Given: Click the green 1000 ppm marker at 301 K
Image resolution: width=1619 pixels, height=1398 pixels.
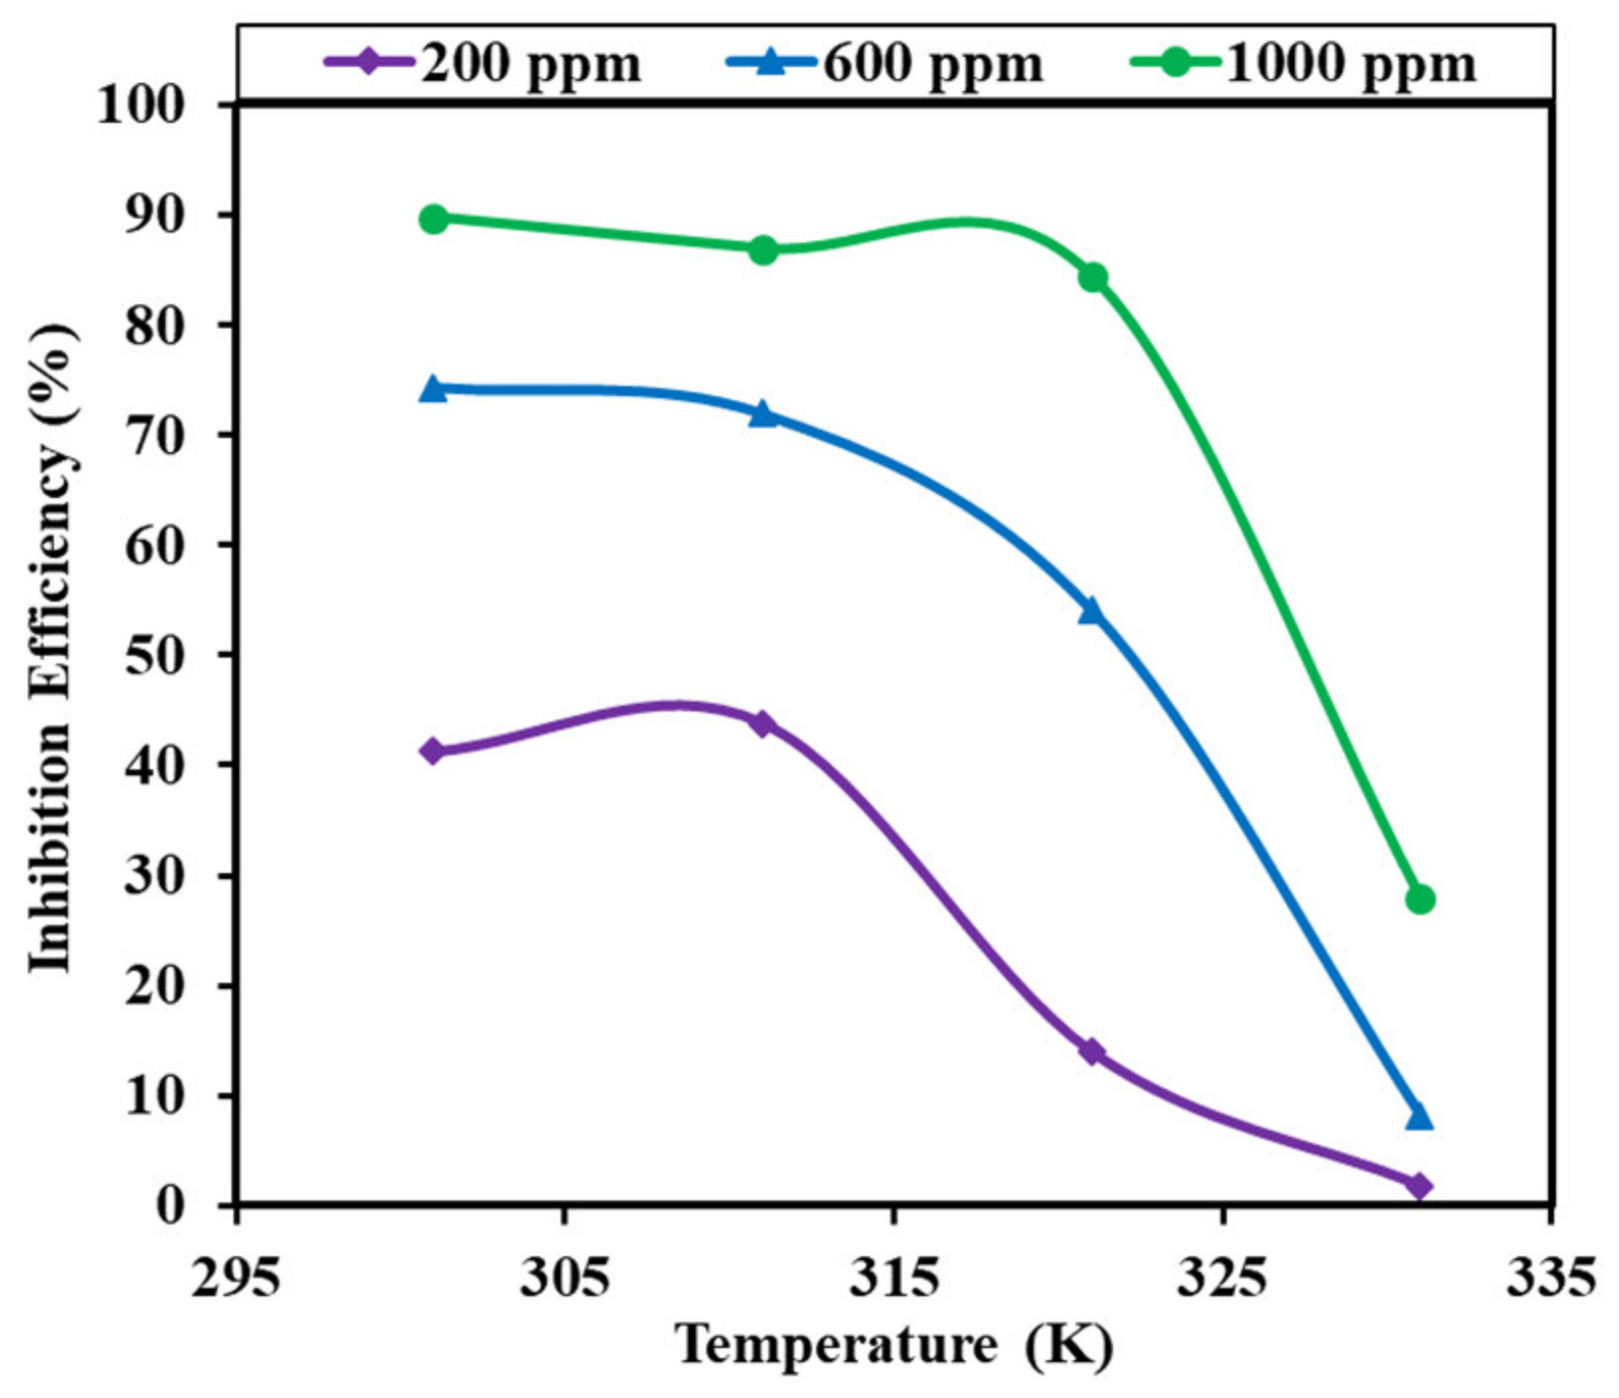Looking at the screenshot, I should (x=434, y=219).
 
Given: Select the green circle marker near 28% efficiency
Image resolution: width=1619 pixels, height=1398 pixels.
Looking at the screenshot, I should (x=1419, y=899).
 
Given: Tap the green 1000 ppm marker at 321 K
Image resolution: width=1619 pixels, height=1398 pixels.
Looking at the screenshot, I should (x=1092, y=276).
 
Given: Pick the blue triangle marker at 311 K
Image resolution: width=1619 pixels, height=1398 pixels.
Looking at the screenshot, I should (x=763, y=413).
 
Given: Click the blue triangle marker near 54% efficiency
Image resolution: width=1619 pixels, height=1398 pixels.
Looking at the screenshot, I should (x=1091, y=611).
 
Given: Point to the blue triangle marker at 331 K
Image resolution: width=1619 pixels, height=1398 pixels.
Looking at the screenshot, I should (x=1418, y=1117).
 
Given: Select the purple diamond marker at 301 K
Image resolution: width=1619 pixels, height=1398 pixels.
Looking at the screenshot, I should (x=433, y=750).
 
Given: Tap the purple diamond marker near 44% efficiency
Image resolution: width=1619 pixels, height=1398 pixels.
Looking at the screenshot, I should (x=762, y=723).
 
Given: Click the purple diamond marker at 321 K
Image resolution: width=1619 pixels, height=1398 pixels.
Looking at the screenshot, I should (x=1091, y=1051).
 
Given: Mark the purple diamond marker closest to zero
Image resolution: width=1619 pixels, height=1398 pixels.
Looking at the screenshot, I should (x=1418, y=1185).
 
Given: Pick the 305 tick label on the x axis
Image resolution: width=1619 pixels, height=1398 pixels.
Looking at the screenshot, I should (x=564, y=1278).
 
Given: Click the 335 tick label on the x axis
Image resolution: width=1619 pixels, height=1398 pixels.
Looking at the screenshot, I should (x=1549, y=1278).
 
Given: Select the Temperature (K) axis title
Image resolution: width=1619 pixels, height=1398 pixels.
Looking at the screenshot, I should (x=894, y=1345).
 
